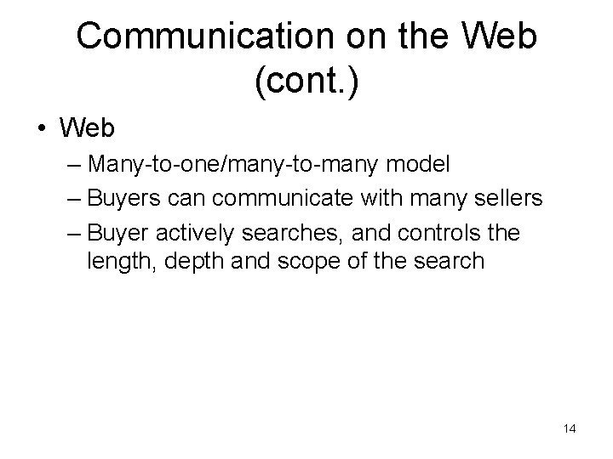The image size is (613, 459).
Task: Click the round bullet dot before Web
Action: [x=40, y=129]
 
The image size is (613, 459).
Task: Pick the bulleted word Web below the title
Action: [x=87, y=128]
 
